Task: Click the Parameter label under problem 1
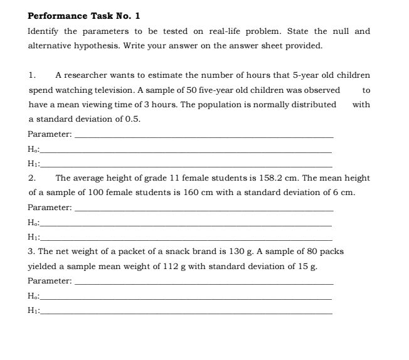[x=50, y=134]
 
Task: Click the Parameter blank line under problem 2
[x=204, y=208]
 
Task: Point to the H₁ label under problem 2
[x=34, y=237]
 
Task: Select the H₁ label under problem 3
[x=34, y=310]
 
